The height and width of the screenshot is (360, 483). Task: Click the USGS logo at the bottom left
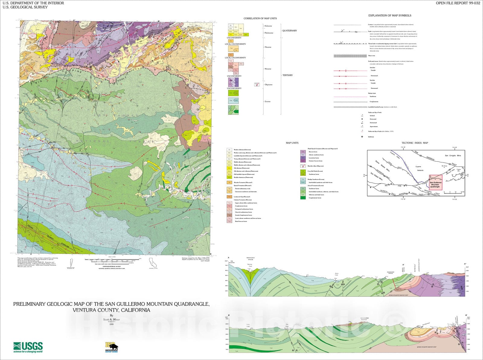pos(28,347)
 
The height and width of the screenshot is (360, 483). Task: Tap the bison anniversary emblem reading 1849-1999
pos(111,347)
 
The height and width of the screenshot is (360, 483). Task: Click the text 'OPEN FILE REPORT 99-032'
pos(458,3)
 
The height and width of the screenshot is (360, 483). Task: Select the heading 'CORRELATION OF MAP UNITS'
pos(260,18)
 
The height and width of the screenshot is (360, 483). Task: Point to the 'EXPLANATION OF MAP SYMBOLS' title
pos(389,15)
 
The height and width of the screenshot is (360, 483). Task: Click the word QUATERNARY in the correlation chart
pos(289,31)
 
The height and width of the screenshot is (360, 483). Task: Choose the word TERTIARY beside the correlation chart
pos(287,75)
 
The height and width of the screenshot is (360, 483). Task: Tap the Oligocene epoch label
pos(268,85)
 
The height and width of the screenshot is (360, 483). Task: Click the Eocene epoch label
pos(267,102)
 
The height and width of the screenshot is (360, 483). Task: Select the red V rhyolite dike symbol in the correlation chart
pos(257,84)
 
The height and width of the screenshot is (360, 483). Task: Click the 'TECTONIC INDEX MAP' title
pos(414,143)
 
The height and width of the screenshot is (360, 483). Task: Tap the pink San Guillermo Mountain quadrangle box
pos(435,183)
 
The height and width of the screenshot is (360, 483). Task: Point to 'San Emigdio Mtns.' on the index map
pos(453,156)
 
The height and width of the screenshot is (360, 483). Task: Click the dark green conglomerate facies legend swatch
pos(302,198)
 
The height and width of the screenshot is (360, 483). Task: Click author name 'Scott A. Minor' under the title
pos(111,320)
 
